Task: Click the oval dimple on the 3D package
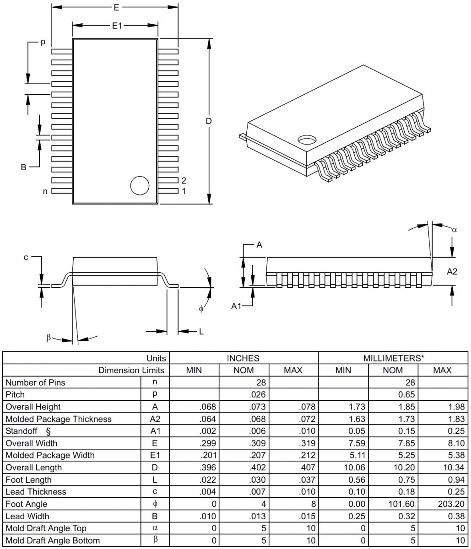click(x=307, y=139)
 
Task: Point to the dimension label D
click(x=209, y=121)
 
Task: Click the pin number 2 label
click(x=184, y=180)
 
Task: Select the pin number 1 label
click(x=184, y=191)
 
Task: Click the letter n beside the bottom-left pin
click(x=45, y=191)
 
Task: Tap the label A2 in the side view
click(x=452, y=271)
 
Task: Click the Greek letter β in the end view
click(x=49, y=338)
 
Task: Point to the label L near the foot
click(x=201, y=332)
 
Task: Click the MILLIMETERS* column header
click(x=393, y=358)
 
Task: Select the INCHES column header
click(x=243, y=358)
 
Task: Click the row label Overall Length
click(x=33, y=468)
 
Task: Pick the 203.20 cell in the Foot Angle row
click(x=443, y=504)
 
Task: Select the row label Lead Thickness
click(x=36, y=492)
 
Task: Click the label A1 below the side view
click(x=236, y=306)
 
